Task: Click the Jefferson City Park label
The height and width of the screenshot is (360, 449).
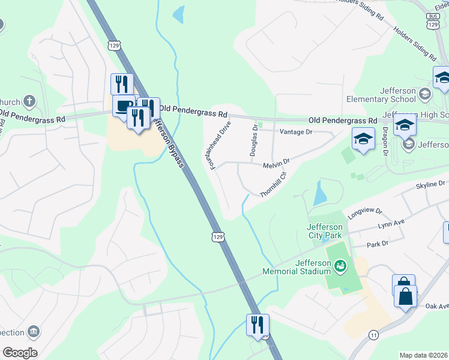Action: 324,231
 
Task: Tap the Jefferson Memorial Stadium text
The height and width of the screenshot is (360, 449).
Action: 297,267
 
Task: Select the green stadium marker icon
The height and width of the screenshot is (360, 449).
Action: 340,265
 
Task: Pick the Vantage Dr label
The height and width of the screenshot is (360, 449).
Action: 297,131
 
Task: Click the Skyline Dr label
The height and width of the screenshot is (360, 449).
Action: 432,183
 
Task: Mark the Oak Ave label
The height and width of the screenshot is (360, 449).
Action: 437,306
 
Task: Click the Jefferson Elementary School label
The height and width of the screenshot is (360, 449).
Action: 381,95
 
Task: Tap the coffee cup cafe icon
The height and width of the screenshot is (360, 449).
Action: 124,106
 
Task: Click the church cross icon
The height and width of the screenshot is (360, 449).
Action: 29,101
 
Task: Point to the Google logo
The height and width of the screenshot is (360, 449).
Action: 19,353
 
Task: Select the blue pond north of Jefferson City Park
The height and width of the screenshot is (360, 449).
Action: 320,193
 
